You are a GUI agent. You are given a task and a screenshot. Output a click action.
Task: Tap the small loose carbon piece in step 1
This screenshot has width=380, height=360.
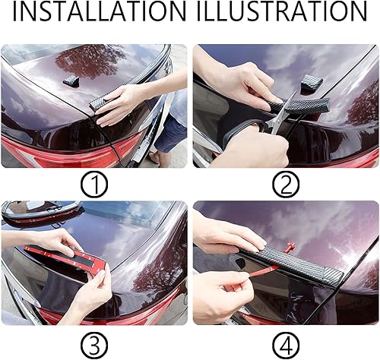(x=70, y=80)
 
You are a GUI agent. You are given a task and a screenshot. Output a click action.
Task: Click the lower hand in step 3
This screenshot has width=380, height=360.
(x=91, y=292)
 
